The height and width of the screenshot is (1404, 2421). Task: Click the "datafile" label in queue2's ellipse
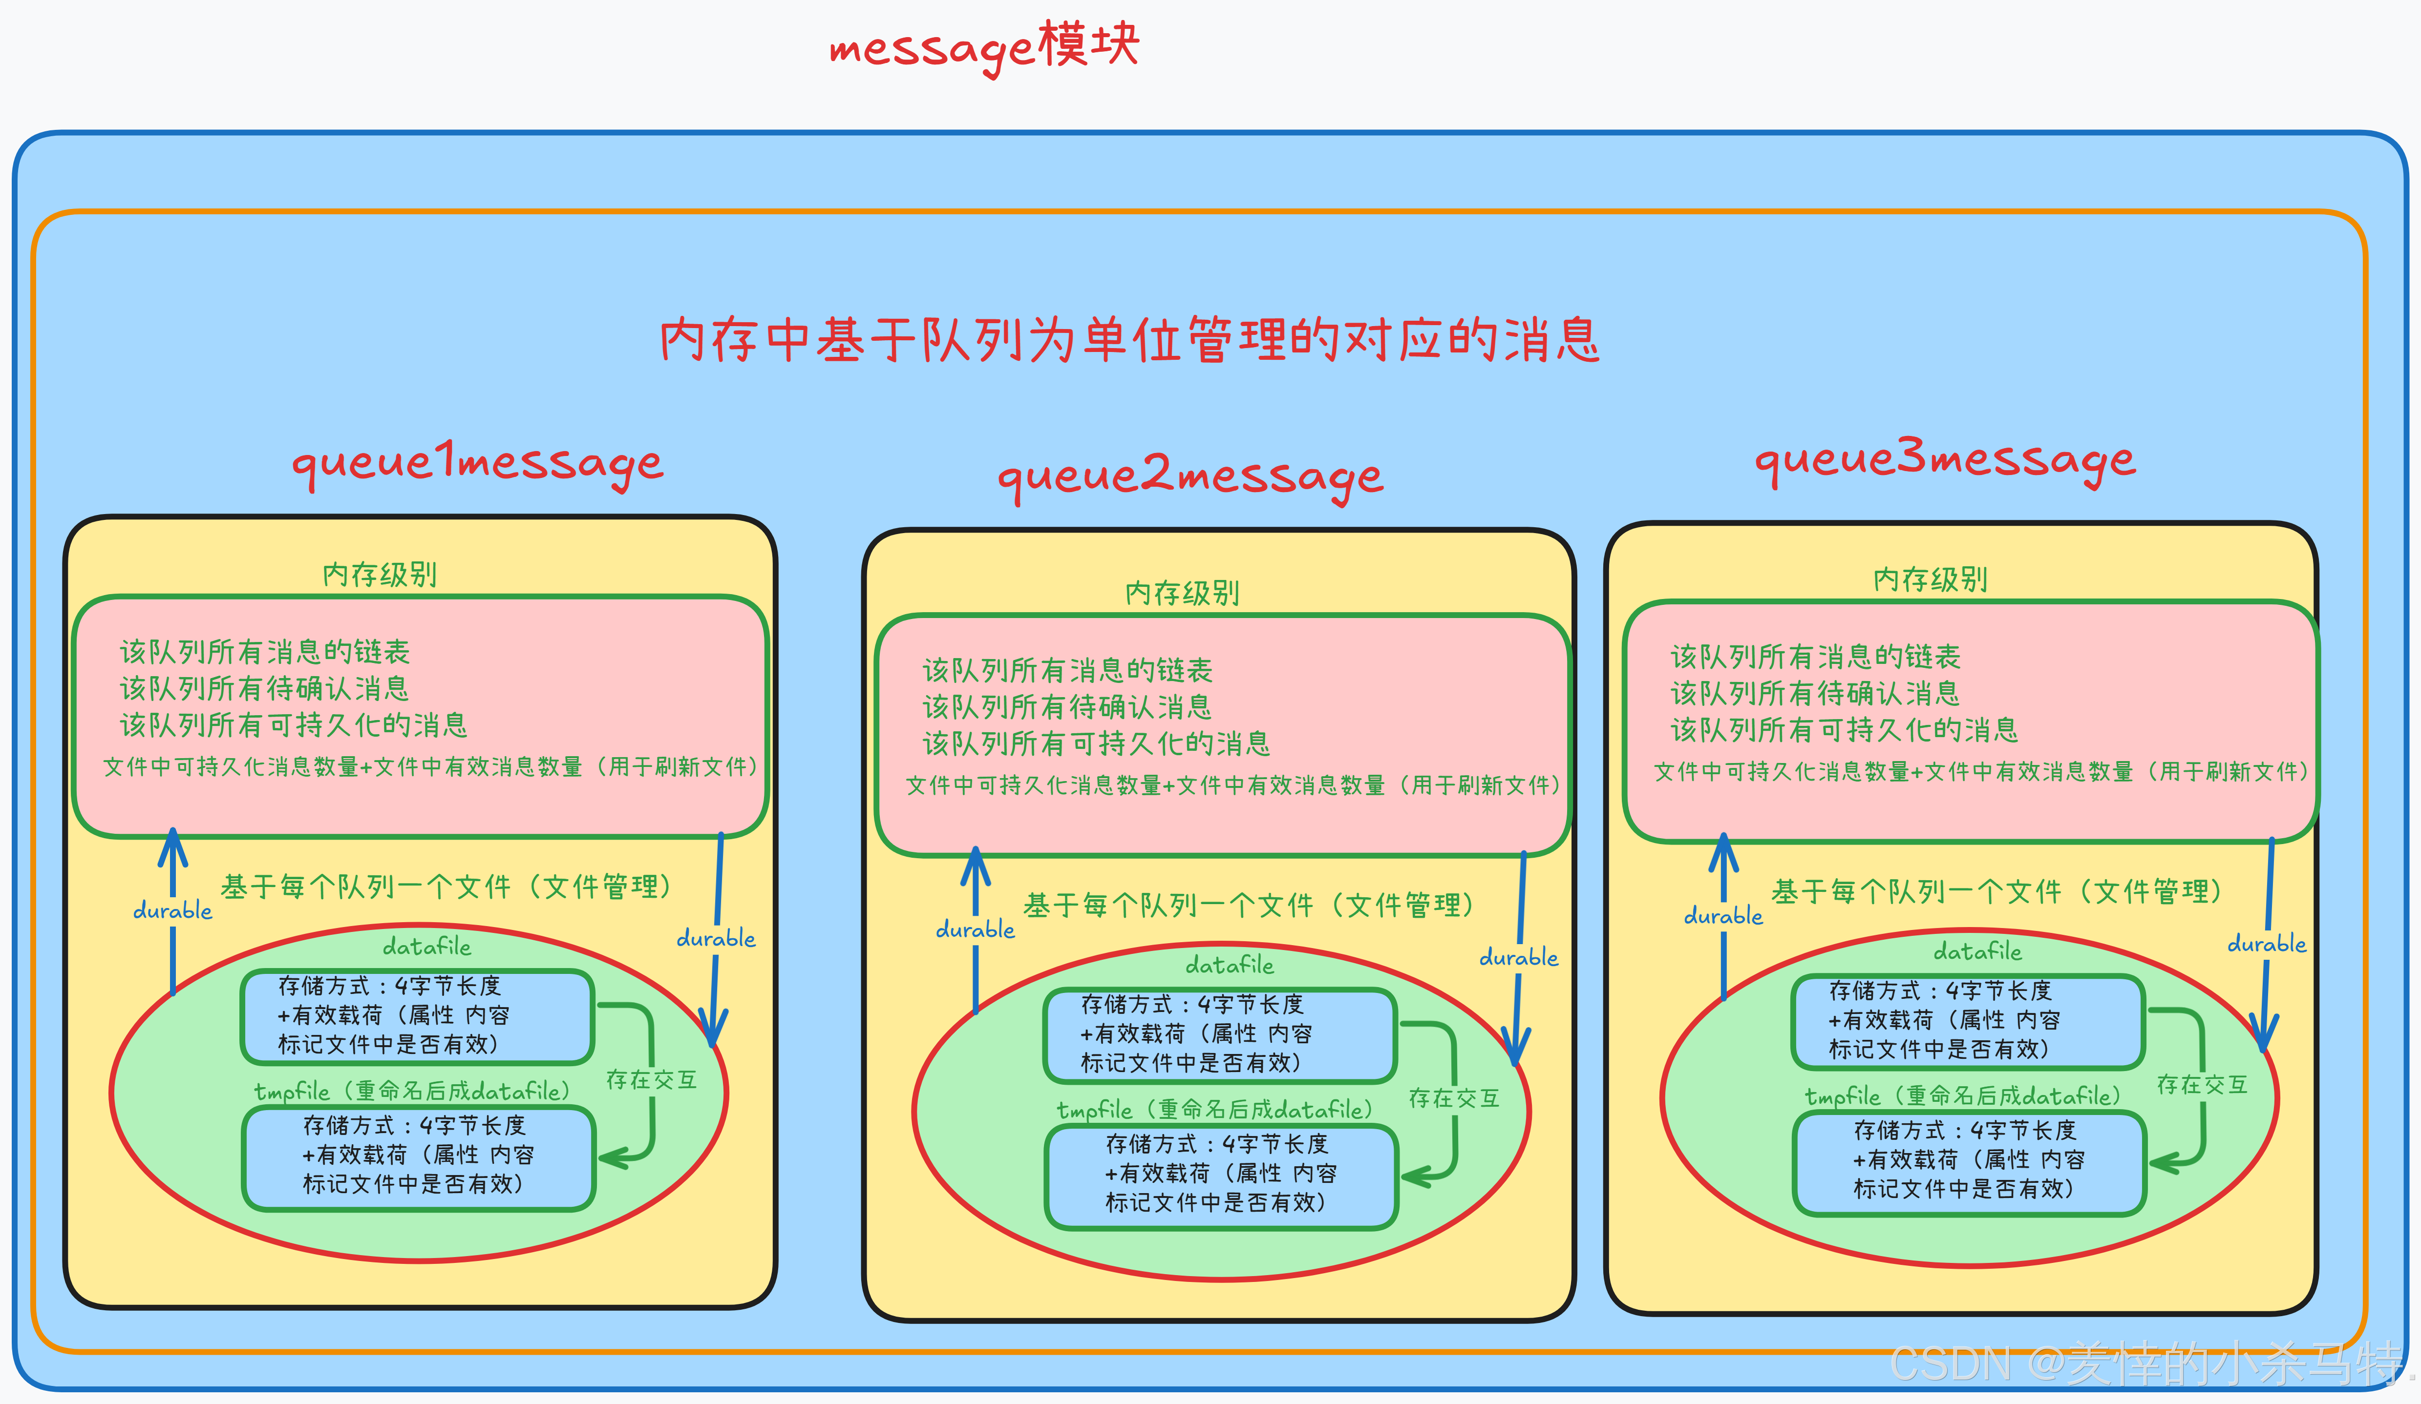[1230, 964]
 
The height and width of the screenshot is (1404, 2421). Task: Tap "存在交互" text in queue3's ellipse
[2202, 1085]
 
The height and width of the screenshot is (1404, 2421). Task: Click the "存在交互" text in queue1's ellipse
[651, 1079]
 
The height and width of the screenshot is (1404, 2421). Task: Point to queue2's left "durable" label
[975, 929]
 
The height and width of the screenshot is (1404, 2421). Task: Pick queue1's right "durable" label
[716, 938]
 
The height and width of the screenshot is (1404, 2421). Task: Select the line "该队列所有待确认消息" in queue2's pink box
[1067, 707]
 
